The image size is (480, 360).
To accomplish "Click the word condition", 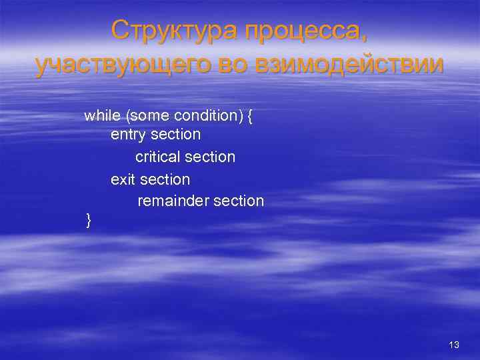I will coord(207,116).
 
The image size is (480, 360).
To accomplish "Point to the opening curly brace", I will coord(250,117).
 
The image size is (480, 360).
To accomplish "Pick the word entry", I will coord(129,135).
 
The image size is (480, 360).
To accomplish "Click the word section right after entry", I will coord(176,135).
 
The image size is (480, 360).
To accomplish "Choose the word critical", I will coord(157,157).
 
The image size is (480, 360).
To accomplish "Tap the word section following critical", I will coord(210,157).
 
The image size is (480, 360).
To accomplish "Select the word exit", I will coord(123,179).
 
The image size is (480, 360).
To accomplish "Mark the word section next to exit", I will coord(165,179).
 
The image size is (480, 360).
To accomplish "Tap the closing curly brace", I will coord(89,220).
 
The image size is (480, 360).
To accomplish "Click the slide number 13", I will coord(455,345).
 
